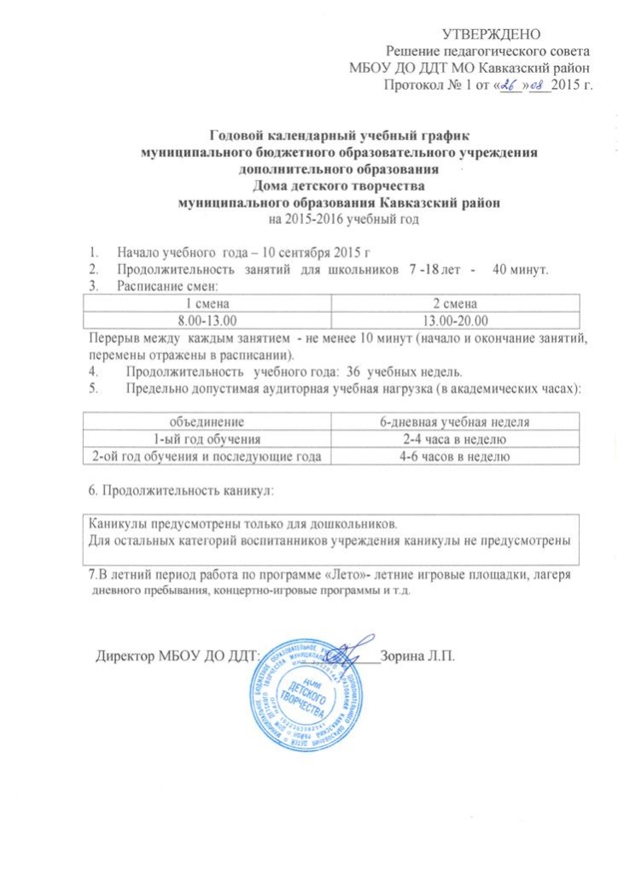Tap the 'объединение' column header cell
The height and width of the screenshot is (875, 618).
tap(209, 421)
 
